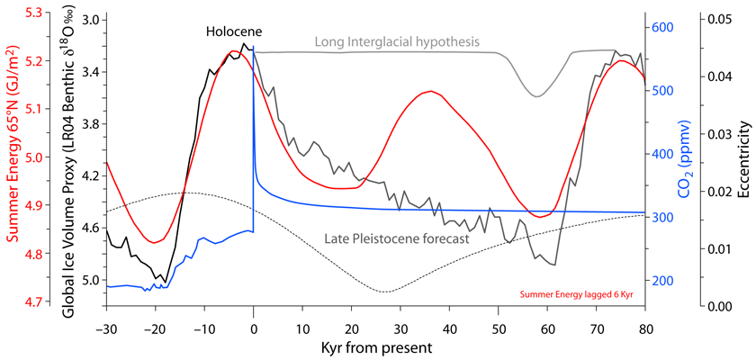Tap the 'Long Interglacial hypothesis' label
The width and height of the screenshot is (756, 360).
click(396, 41)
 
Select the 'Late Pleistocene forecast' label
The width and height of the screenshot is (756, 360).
click(397, 239)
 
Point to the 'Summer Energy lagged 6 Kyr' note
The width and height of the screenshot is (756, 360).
click(576, 293)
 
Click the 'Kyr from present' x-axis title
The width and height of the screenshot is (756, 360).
click(375, 346)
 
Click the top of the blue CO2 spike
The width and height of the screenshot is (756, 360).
click(254, 46)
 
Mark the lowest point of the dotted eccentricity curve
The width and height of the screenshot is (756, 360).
click(385, 292)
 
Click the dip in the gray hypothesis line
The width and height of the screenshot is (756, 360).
click(537, 95)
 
